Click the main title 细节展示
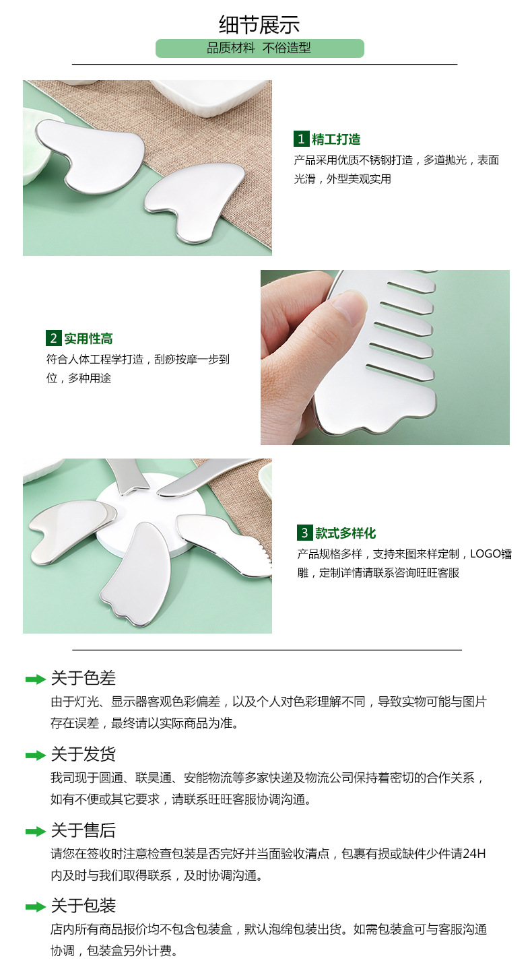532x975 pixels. coord(259,25)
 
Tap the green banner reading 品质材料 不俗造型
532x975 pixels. coord(259,48)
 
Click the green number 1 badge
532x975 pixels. coord(301,139)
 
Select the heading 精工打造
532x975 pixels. coord(336,139)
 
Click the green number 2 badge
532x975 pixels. coord(53,338)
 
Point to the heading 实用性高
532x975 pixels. coord(88,338)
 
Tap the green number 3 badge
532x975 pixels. coord(304,533)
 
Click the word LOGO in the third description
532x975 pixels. coord(486,554)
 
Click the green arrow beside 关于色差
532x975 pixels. coord(35,679)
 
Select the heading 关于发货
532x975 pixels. coord(83,754)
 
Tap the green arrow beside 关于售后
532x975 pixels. coord(35,832)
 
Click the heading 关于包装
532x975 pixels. coord(83,906)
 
